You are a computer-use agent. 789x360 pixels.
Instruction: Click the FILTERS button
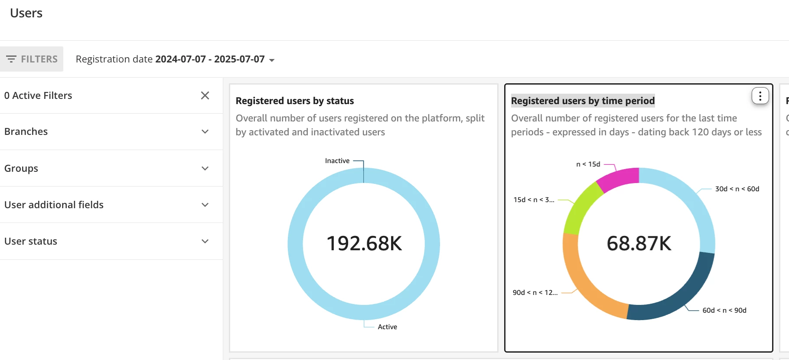click(x=32, y=59)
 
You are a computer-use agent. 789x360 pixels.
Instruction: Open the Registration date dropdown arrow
click(x=272, y=60)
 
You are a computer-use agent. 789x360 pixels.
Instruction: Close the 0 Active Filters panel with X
click(x=205, y=95)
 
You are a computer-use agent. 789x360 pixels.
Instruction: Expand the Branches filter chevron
click(x=205, y=132)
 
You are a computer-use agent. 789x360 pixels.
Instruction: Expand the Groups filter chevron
click(x=205, y=168)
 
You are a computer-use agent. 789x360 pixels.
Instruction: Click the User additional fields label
click(x=54, y=205)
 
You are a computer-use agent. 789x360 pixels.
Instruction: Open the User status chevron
click(x=205, y=241)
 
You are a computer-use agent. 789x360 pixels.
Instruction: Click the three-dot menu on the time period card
click(x=760, y=96)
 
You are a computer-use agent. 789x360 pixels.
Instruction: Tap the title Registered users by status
click(x=295, y=101)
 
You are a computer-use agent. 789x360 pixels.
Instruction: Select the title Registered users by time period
click(x=583, y=101)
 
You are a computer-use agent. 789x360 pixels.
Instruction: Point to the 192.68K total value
click(x=364, y=243)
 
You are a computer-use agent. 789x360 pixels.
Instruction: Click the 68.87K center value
click(x=639, y=243)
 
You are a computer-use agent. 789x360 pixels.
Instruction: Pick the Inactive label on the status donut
click(x=337, y=161)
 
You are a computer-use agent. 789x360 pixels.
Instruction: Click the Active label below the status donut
click(x=387, y=327)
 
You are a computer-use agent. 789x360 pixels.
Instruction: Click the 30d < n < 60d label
click(x=737, y=189)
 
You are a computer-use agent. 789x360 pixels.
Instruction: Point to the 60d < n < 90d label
click(x=724, y=311)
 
